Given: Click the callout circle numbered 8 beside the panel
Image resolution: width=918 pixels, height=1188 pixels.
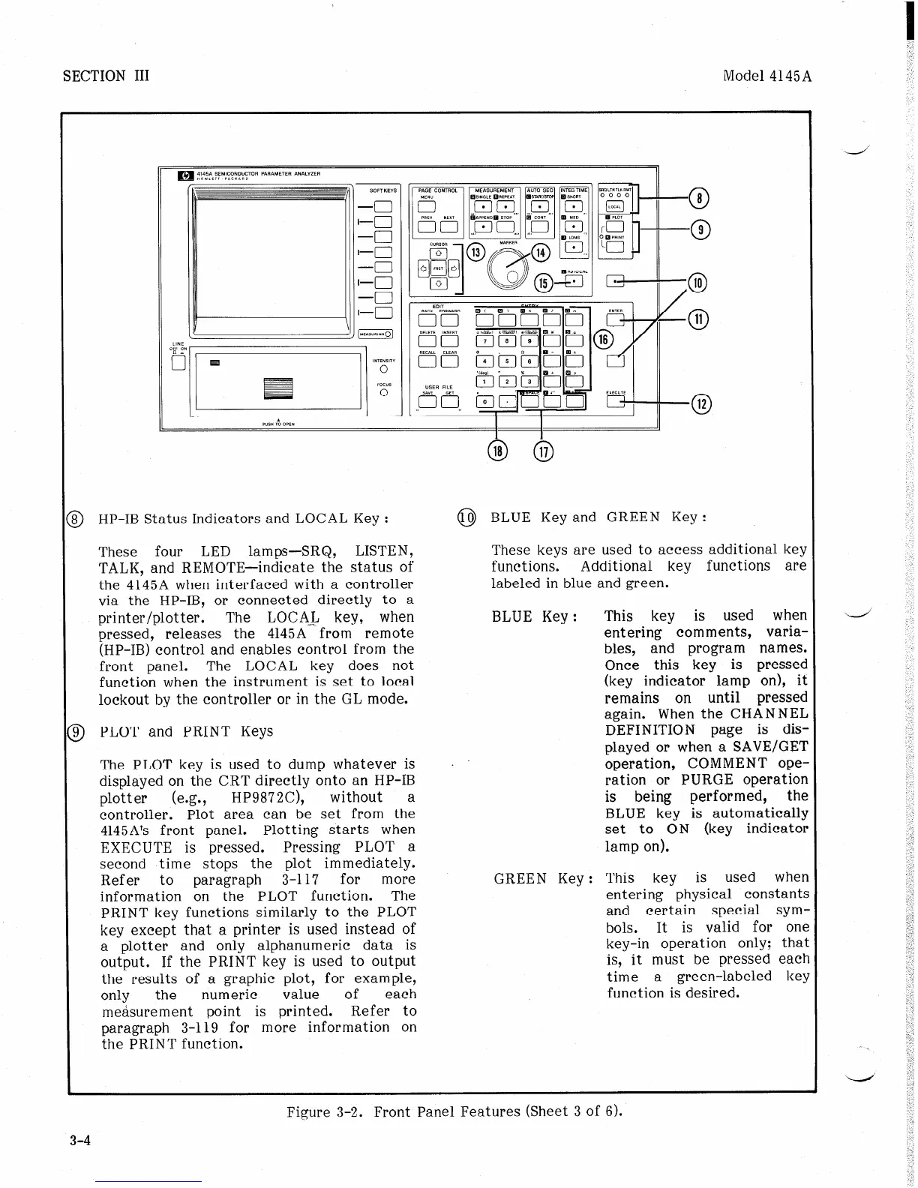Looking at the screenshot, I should [698, 198].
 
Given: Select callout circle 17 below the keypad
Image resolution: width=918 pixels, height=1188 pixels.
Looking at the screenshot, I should [542, 451].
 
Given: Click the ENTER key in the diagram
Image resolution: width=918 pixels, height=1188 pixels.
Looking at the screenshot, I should [615, 320].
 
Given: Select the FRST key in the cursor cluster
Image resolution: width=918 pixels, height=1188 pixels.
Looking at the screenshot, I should [439, 268].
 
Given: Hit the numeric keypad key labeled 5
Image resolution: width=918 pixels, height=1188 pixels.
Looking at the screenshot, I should [508, 361].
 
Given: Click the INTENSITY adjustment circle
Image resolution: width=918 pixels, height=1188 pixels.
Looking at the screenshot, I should [383, 369].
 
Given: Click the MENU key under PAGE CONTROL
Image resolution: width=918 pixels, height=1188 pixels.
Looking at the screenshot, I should [427, 207].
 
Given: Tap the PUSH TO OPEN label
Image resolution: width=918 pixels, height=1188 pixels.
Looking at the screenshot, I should [278, 423].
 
